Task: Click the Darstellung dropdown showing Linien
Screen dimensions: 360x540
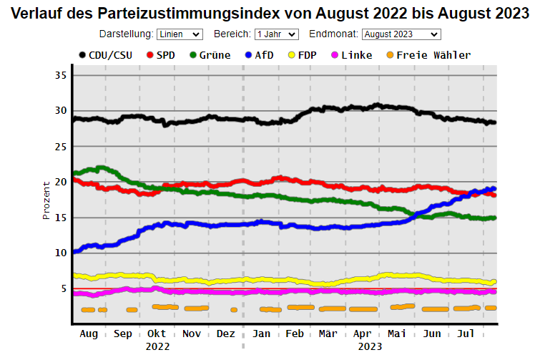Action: coord(180,34)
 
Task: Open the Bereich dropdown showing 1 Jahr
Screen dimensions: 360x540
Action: coord(276,34)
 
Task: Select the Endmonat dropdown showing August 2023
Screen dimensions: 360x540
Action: coord(401,34)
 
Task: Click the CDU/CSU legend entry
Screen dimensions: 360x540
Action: coord(104,55)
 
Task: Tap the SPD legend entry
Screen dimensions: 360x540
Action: coord(162,55)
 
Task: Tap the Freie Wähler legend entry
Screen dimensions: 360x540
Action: coord(426,55)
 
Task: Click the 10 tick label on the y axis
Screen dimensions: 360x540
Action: coord(59,253)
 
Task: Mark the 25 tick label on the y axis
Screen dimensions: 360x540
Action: coord(59,146)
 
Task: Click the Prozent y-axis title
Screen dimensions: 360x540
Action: coord(46,199)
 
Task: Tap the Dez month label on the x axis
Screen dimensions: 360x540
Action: coord(225,334)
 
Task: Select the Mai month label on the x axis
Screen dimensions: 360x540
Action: coord(396,334)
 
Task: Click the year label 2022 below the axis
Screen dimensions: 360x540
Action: coord(157,346)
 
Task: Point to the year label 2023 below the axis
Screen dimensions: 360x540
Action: coord(370,346)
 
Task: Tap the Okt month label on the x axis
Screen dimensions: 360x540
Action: coord(157,334)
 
